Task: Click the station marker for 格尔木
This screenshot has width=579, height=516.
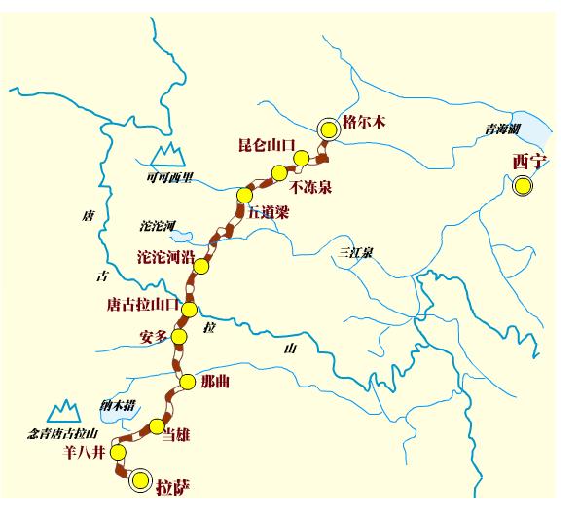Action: pyautogui.click(x=330, y=129)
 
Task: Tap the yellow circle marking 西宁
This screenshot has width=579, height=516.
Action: pyautogui.click(x=524, y=186)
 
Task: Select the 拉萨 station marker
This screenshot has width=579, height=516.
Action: pyautogui.click(x=142, y=479)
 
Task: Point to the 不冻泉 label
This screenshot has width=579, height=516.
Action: pyautogui.click(x=311, y=186)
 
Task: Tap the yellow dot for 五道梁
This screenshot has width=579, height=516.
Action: pyautogui.click(x=244, y=195)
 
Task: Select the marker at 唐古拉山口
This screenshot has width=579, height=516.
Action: pyautogui.click(x=189, y=310)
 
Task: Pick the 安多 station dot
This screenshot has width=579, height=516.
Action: pyautogui.click(x=178, y=337)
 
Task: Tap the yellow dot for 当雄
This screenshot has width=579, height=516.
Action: pyautogui.click(x=157, y=425)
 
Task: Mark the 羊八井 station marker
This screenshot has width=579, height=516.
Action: pyautogui.click(x=118, y=453)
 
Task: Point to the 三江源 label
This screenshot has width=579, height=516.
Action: pyautogui.click(x=356, y=252)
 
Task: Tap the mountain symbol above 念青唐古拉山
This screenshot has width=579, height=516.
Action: pyautogui.click(x=66, y=410)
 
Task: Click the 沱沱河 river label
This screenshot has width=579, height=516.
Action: pyautogui.click(x=159, y=226)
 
